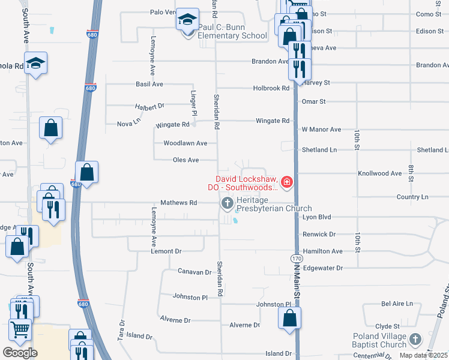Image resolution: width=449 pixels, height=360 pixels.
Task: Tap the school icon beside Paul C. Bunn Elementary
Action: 187,20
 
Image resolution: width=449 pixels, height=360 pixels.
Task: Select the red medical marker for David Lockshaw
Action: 286,182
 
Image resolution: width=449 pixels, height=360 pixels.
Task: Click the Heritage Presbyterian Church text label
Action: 266,204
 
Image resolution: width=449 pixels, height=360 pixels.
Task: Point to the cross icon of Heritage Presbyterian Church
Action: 228,203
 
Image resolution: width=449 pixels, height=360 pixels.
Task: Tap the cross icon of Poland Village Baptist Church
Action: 415,340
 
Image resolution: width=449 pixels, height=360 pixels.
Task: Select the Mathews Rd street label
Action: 178,203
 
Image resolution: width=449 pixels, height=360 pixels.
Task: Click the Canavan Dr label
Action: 194,272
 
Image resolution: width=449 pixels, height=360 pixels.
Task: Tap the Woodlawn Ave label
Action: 185,143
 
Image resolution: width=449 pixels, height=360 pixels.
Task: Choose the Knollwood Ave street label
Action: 379,173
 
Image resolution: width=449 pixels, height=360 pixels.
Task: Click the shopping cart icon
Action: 20,329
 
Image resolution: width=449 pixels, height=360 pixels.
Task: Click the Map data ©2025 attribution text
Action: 424,355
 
